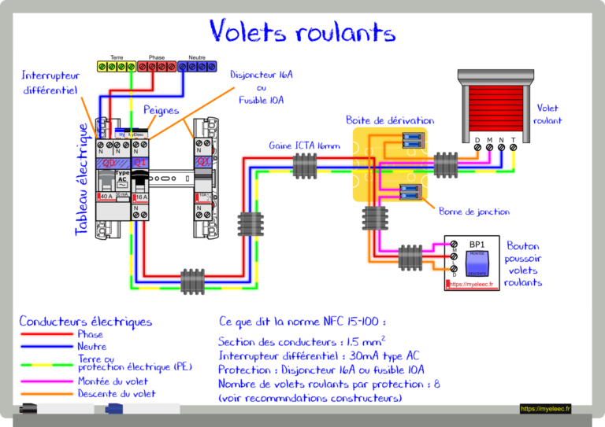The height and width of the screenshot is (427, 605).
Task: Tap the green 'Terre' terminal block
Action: [x=117, y=67]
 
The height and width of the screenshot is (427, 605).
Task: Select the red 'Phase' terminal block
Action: [x=156, y=67]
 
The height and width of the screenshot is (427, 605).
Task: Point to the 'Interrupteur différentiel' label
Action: [x=50, y=83]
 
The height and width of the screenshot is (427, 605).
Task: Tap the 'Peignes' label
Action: [x=161, y=111]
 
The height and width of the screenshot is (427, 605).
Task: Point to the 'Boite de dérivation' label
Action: [x=389, y=120]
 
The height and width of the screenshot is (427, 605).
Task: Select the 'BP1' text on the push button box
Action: [x=477, y=245]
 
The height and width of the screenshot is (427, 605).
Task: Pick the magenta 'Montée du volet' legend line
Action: [x=46, y=381]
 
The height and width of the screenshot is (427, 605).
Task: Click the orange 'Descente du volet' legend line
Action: [x=46, y=394]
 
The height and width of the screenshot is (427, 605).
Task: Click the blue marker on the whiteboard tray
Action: [x=113, y=409]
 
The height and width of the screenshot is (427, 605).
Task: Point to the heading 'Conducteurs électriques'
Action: [x=85, y=322]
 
